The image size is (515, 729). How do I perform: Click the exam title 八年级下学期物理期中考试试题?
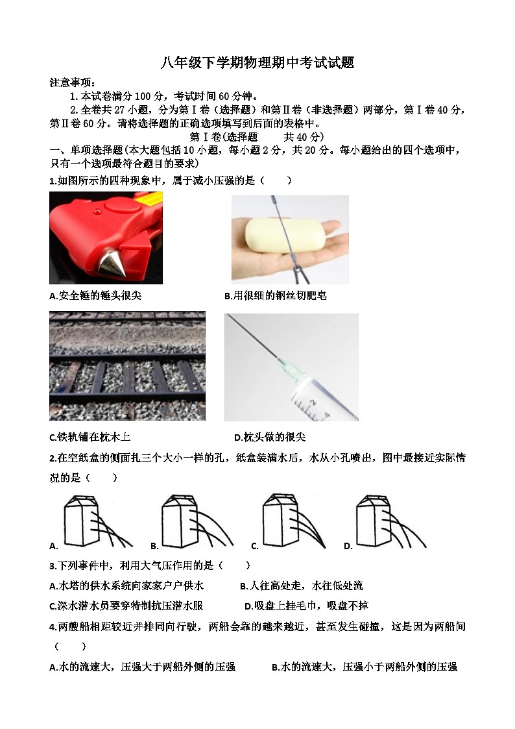pyautogui.click(x=257, y=63)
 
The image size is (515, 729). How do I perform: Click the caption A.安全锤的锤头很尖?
pyautogui.click(x=95, y=295)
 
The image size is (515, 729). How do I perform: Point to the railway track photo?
pyautogui.click(x=127, y=365)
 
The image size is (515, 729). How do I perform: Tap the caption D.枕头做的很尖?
pyautogui.click(x=270, y=437)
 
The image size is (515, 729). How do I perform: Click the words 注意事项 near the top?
pyautogui.click(x=72, y=82)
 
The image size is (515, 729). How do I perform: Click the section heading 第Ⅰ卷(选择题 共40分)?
pyautogui.click(x=256, y=137)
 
